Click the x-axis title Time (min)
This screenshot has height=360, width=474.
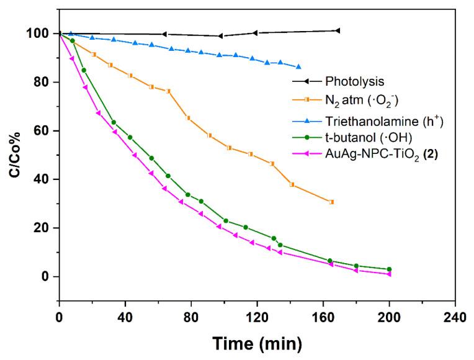257,343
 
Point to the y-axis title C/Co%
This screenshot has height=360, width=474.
13,155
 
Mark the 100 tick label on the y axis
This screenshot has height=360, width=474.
41,34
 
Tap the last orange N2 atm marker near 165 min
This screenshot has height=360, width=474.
331,202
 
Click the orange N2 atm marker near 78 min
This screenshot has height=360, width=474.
188,118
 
